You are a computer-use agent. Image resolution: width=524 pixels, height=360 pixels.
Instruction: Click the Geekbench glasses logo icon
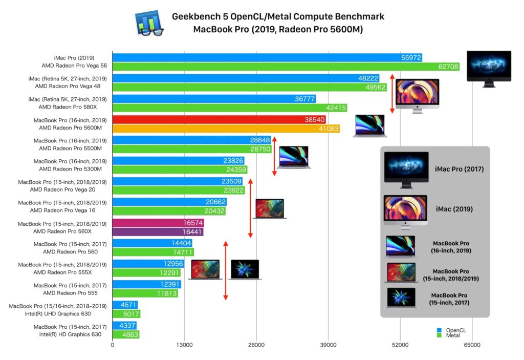(x=149, y=23)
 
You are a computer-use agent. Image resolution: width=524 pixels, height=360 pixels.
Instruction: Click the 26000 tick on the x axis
(x=256, y=345)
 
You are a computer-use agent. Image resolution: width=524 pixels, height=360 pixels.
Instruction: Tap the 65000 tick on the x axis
(x=472, y=345)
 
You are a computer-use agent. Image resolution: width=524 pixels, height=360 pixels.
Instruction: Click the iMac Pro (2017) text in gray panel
(x=459, y=169)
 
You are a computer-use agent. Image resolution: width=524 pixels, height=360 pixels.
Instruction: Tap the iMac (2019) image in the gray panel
(x=405, y=209)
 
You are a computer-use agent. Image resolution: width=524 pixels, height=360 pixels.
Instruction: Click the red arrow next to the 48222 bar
(x=392, y=94)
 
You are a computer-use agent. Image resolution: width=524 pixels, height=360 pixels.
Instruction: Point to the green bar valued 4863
(x=125, y=335)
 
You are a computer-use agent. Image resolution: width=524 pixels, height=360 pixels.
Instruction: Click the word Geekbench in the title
(x=194, y=17)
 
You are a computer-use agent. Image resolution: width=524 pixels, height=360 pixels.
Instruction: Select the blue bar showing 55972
(x=256, y=58)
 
